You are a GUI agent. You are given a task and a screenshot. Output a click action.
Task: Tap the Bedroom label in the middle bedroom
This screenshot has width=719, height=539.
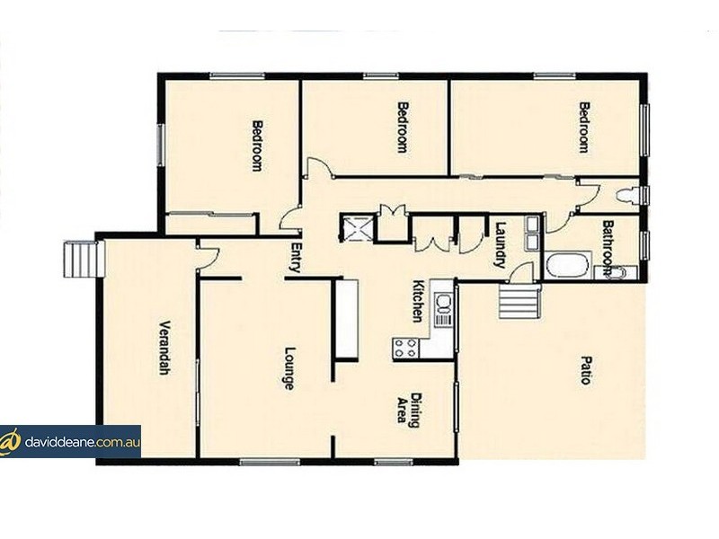pos(403,127)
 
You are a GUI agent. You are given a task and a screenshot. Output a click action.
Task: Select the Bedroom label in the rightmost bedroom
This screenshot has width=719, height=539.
pos(583,127)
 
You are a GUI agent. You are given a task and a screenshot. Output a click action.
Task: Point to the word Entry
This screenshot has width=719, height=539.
pos(294,258)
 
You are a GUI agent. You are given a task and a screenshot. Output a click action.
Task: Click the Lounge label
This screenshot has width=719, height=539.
pos(289,367)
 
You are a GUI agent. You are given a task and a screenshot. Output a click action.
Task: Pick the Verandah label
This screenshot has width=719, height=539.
pos(164,348)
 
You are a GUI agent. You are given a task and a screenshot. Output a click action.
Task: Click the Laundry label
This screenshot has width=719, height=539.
pos(501,245)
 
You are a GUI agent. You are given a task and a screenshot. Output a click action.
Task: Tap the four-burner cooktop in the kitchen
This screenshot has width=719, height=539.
pos(405,347)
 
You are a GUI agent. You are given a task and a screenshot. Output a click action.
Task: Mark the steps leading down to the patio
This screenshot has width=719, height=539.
pos(519,300)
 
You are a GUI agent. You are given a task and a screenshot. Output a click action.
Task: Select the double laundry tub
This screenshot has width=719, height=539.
pos(532,233)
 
